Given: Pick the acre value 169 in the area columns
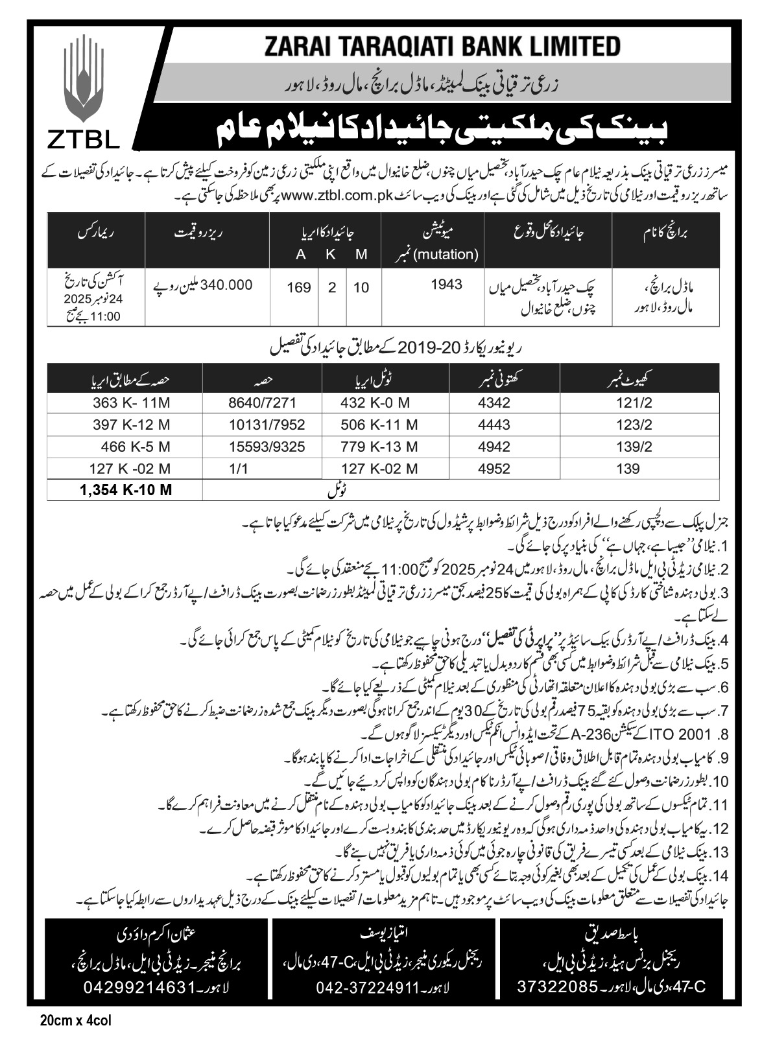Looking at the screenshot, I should (x=300, y=287).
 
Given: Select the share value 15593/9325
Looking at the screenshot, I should (x=262, y=447).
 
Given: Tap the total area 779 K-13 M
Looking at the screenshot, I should (x=379, y=447).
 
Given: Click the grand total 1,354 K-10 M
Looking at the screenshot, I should (x=126, y=489).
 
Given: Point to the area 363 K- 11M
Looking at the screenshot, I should (x=130, y=402).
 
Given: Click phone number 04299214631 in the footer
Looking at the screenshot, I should (x=139, y=987).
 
